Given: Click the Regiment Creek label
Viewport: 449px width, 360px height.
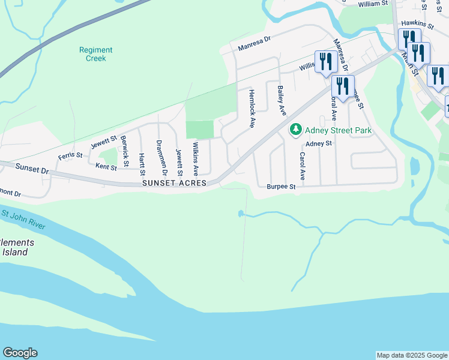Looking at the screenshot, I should pos(92,54).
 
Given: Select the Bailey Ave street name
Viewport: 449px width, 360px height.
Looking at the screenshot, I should pos(280,100).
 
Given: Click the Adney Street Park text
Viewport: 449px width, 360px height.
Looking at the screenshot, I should pos(339,130).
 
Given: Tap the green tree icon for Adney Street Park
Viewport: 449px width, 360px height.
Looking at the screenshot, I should pos(295,129).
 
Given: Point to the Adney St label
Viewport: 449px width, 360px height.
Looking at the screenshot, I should pos(319,144).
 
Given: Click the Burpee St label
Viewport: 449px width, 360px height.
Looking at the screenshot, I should pos(282,187).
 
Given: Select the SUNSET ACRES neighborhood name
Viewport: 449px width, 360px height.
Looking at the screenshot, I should pos(174,182).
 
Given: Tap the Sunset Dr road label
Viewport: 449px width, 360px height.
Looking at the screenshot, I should pos(32,169).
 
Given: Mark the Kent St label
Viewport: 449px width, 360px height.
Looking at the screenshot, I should pos(106,166).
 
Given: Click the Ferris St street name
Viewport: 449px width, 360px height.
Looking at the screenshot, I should pos(70,156).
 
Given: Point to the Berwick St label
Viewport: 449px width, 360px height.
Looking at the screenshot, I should pos(124,151).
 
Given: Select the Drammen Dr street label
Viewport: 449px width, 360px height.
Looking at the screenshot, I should pos(159,153).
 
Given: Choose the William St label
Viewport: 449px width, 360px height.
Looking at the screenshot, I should pos(373,4).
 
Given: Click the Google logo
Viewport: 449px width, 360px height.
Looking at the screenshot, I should pos(20,353).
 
